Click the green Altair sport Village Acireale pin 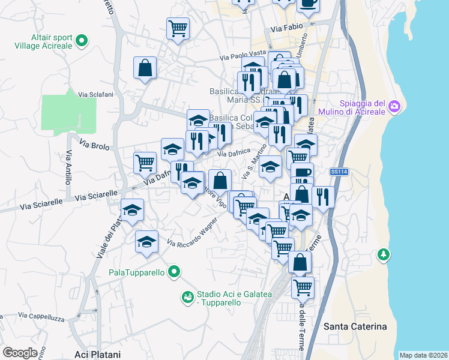pyautogui.click(x=82, y=41)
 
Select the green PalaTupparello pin pyautogui.click(x=175, y=272)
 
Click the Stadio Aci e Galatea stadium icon pyautogui.click(x=188, y=296)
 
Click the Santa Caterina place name pyautogui.click(x=355, y=326)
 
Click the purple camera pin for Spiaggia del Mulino pyautogui.click(x=394, y=106)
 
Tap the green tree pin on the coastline pyautogui.click(x=383, y=255)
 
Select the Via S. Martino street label pyautogui.click(x=253, y=162)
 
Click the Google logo pyautogui.click(x=20, y=353)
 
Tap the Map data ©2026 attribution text pyautogui.click(x=423, y=355)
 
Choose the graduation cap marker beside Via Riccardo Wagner pyautogui.click(x=146, y=242)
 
